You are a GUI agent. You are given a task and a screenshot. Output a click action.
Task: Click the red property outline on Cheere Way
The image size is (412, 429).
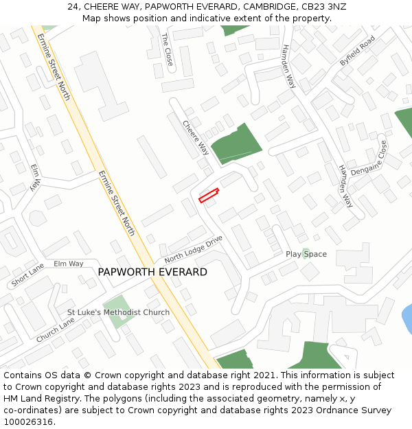[209, 196]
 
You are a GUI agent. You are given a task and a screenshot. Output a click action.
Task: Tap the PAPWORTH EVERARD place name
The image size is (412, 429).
[152, 272]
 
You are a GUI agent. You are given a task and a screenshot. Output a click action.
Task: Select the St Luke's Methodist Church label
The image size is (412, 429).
[118, 312]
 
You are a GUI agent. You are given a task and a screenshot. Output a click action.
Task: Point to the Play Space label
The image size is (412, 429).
[306, 254]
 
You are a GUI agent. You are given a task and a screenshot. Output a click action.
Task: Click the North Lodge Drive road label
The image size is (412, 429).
[194, 249]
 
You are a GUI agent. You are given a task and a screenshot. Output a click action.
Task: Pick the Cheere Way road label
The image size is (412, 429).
[196, 137]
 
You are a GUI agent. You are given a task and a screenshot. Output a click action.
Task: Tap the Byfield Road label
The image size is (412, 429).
[357, 51]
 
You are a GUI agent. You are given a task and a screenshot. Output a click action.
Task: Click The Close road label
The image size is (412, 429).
[168, 49]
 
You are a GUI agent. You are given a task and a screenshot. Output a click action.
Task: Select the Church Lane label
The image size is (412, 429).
[56, 330]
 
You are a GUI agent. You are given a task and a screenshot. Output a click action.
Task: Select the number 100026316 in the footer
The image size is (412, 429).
[28, 422]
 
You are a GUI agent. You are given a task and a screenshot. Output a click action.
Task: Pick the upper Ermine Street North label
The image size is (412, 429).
[54, 67]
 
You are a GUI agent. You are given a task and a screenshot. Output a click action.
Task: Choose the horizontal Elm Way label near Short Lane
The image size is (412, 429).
[69, 264]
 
